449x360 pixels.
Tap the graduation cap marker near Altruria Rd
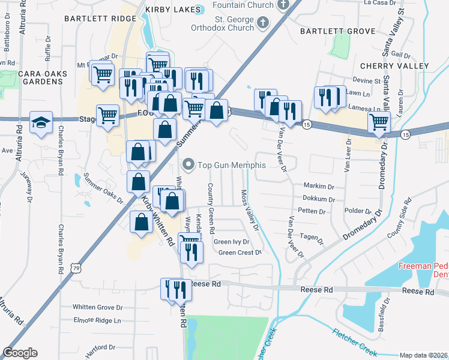coord(41,122)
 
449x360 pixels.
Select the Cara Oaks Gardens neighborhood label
coord(42,78)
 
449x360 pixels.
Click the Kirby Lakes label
coord(171,10)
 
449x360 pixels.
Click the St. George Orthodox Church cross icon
coord(262,23)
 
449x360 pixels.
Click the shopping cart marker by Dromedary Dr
coord(379,122)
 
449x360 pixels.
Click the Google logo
coord(20,353)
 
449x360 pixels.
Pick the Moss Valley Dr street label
coord(250,210)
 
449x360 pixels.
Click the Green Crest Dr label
coord(240,253)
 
